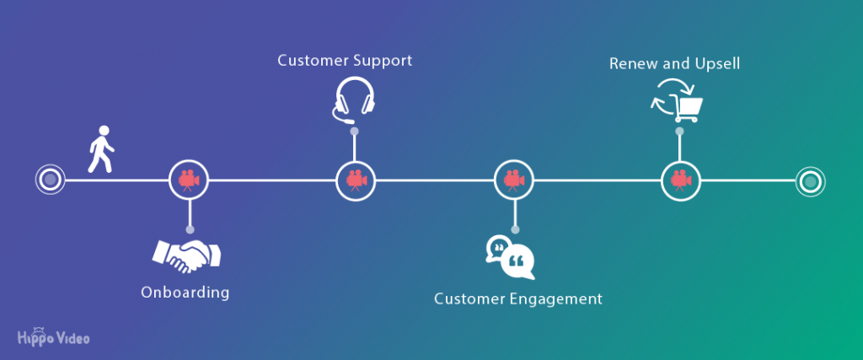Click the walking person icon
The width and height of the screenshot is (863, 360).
102,148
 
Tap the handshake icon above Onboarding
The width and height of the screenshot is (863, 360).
186,255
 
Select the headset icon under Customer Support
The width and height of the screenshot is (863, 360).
354,99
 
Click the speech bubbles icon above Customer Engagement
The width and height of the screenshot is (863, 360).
510,257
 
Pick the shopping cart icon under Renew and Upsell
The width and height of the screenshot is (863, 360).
678,100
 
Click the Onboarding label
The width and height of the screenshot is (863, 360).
185,292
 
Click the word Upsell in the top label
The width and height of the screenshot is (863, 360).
715,64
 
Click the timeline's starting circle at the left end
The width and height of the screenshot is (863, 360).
50,180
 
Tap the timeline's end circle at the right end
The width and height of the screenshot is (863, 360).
810,180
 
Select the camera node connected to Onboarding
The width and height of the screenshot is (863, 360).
189,180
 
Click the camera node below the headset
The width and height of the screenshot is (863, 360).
356,180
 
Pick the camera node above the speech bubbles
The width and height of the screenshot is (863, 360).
514,180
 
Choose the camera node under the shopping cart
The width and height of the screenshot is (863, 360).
681,180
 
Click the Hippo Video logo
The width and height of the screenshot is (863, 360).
53,336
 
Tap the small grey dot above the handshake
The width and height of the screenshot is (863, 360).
190,229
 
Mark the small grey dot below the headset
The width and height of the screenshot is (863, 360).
355,131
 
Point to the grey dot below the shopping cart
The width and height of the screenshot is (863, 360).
680,131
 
